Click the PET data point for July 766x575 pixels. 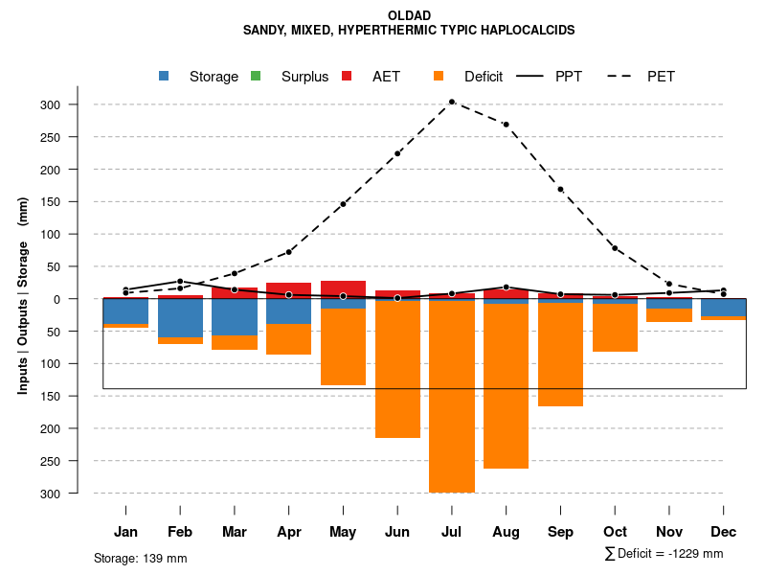tap(452, 102)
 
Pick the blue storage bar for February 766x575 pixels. tap(180, 317)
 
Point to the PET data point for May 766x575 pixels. tap(343, 204)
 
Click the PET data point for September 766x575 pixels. tap(560, 189)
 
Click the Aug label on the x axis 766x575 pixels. tap(506, 532)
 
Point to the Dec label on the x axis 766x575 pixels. tap(723, 532)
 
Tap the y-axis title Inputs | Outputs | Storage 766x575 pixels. tap(23, 295)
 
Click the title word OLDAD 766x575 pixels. tap(409, 15)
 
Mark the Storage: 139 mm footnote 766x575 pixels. tap(140, 558)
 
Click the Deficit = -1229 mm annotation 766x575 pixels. tap(665, 553)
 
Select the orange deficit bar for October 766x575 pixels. tap(615, 328)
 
